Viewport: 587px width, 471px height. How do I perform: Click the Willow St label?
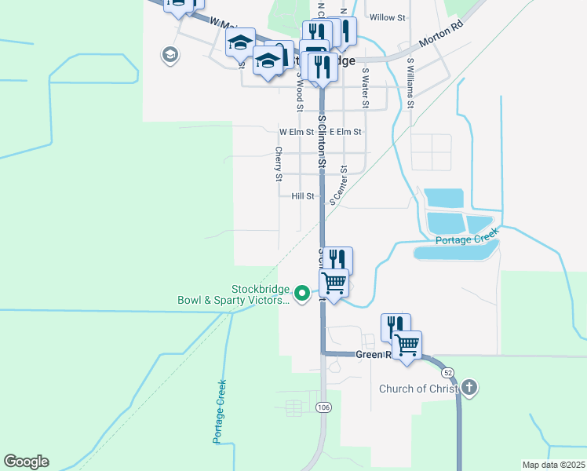(387, 16)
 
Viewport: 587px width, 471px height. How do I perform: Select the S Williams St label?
(410, 82)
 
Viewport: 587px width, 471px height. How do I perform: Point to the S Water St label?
(365, 87)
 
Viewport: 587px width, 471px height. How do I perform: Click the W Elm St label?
(296, 132)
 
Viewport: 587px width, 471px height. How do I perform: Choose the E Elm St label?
(345, 132)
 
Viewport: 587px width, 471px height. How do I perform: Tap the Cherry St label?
(278, 164)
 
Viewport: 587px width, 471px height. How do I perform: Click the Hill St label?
(302, 196)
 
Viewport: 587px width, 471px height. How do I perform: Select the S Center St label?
(339, 185)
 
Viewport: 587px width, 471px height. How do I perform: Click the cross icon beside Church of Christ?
(469, 387)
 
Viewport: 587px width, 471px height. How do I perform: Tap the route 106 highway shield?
(323, 407)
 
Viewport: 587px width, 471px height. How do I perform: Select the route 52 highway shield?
(447, 371)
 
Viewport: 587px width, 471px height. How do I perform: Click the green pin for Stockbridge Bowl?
(306, 294)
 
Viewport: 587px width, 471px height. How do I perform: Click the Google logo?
(27, 462)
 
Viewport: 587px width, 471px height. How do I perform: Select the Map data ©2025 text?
(554, 465)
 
